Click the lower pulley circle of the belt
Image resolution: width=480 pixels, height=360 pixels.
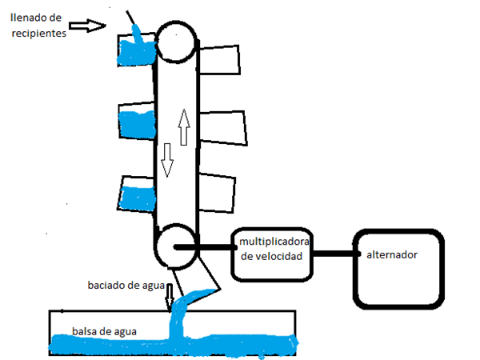tap(175, 246)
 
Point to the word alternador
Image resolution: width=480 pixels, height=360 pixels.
tap(392, 255)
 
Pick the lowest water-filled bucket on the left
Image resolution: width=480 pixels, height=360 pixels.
tap(138, 194)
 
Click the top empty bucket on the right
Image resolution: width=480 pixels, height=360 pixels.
tap(220, 61)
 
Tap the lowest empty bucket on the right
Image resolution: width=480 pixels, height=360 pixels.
tap(217, 194)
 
